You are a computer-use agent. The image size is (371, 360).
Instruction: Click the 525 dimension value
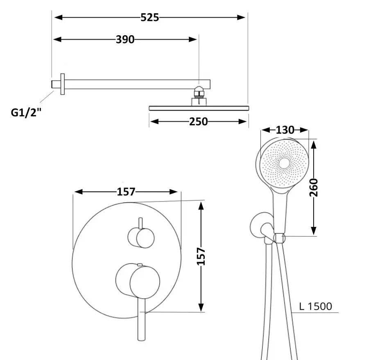[149, 18]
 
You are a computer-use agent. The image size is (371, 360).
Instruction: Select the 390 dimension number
[125, 39]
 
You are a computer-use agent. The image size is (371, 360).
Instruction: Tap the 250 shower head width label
[198, 122]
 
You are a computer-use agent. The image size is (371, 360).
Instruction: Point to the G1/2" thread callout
[26, 112]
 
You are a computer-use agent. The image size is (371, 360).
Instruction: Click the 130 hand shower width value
[285, 130]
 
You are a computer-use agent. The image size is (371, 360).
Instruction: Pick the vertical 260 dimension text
[314, 188]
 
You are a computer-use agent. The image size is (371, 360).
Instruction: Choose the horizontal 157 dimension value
[126, 192]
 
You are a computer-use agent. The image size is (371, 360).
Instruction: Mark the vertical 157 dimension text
[201, 256]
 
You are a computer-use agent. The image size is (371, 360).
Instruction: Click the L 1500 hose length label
[316, 306]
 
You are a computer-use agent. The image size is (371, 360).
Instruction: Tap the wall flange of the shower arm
[63, 84]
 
